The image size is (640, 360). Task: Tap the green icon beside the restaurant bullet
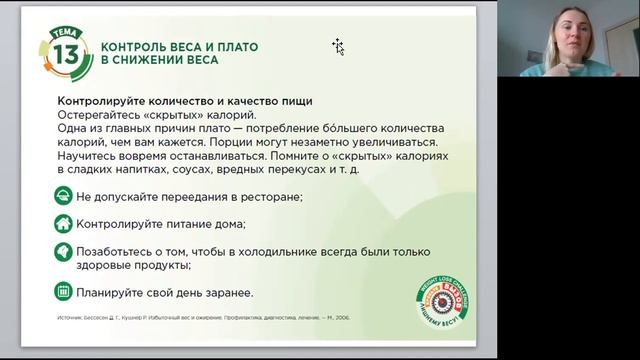coord(63,196)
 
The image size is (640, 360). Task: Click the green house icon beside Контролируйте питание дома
coord(63,224)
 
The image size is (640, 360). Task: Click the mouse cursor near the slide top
coord(338,46)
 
